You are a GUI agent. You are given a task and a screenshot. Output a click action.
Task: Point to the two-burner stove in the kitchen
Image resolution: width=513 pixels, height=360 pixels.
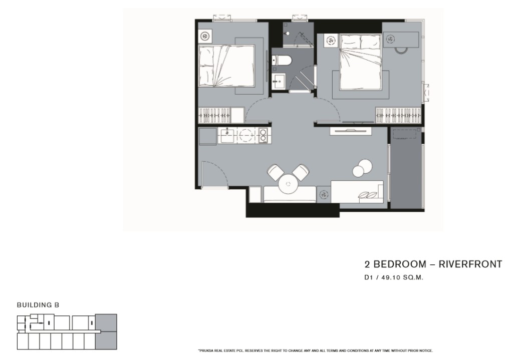pyautogui.click(x=263, y=135)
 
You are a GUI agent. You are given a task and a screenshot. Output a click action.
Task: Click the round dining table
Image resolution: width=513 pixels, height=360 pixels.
pyautogui.click(x=288, y=184)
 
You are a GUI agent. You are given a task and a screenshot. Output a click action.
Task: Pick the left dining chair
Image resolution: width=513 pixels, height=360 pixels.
pyautogui.click(x=276, y=172)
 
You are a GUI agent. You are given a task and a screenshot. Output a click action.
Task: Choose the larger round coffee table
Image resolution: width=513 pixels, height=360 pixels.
pyautogui.click(x=365, y=166)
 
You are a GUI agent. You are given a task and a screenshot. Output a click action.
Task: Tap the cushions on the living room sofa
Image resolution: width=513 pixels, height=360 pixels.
pyautogui.click(x=367, y=195)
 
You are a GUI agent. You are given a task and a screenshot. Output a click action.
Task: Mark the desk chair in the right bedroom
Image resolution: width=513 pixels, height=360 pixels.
pyautogui.click(x=401, y=50)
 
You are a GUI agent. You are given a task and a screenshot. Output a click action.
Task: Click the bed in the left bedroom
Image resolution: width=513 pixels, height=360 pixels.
pyautogui.click(x=226, y=67)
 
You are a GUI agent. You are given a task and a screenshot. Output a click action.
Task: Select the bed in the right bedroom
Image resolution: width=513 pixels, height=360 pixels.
pyautogui.click(x=361, y=62)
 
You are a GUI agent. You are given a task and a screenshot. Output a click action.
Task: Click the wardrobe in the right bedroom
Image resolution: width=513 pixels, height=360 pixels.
pyautogui.click(x=398, y=116)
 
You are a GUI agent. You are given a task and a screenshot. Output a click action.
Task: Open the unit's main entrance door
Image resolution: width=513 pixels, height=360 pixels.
pyautogui.click(x=215, y=175)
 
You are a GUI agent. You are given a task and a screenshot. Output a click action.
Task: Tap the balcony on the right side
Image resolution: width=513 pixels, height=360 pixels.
pyautogui.click(x=406, y=168)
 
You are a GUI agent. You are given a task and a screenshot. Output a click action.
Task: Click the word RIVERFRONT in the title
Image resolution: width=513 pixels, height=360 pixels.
pyautogui.click(x=470, y=264)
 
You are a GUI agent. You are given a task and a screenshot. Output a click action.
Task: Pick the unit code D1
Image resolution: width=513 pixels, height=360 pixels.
pyautogui.click(x=369, y=277)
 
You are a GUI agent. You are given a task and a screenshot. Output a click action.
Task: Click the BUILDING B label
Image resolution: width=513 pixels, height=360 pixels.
pyautogui.click(x=38, y=305)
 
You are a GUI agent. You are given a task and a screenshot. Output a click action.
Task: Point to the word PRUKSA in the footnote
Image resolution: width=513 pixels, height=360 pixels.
pyautogui.click(x=206, y=351)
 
